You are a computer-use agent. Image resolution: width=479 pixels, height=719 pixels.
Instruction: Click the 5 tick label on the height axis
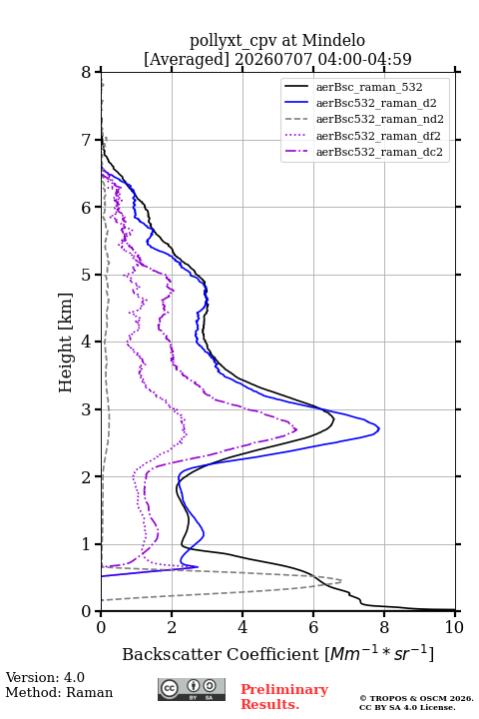click(87, 275)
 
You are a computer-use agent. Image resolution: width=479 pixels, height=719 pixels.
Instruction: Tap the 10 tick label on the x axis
click(454, 627)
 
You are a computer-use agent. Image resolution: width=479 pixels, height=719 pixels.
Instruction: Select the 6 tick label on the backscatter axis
click(313, 627)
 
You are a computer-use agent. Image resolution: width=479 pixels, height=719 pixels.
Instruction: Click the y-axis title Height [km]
click(66, 343)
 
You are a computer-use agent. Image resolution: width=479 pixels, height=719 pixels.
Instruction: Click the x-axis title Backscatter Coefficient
click(221, 654)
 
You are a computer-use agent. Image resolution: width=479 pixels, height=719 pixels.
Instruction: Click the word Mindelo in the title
click(333, 40)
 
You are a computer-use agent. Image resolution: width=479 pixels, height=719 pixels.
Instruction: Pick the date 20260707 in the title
click(273, 59)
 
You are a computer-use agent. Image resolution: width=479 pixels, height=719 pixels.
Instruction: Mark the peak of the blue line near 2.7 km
click(379, 429)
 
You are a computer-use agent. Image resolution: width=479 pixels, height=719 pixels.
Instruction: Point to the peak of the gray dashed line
click(341, 581)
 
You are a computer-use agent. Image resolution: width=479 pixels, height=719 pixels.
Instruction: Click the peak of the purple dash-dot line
click(296, 429)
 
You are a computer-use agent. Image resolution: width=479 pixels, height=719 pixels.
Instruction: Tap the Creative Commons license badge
click(192, 689)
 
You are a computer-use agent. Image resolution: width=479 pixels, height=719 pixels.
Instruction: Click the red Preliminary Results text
click(284, 697)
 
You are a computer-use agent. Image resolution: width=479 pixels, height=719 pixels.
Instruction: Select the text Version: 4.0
click(45, 677)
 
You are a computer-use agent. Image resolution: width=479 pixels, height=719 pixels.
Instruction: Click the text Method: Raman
click(59, 692)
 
